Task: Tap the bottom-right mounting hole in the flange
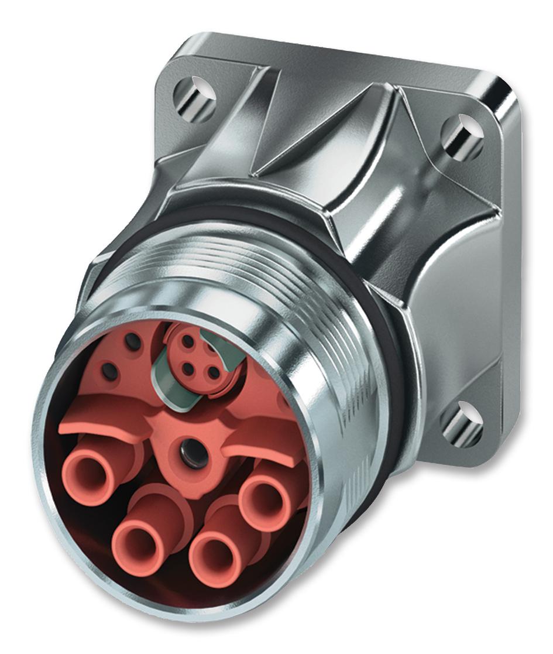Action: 462,423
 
